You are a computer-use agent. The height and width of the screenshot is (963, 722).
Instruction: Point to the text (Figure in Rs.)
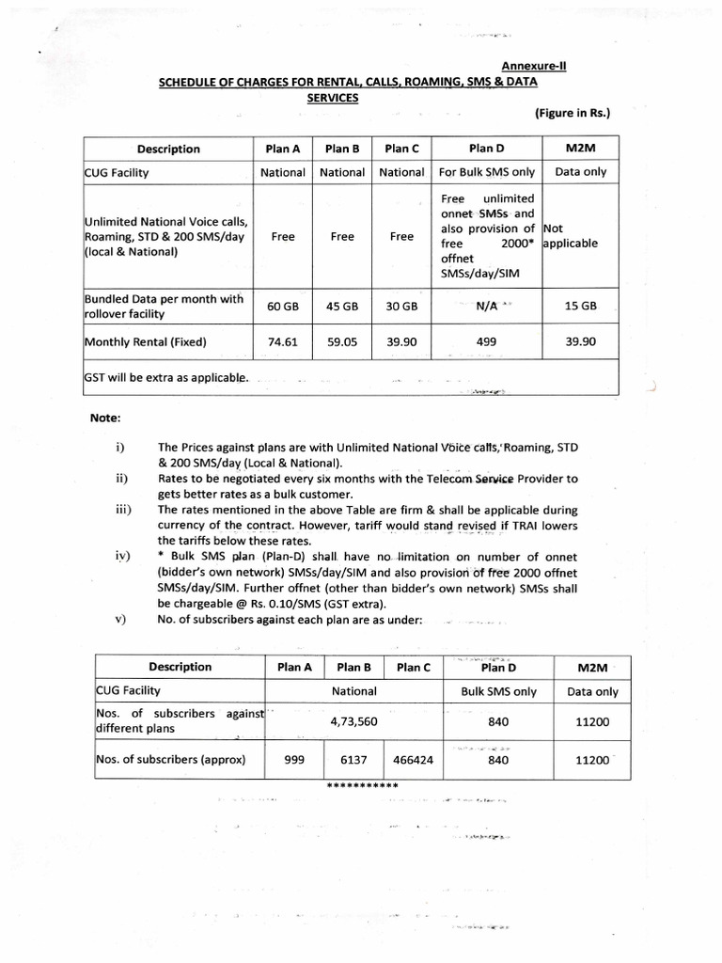click(x=573, y=114)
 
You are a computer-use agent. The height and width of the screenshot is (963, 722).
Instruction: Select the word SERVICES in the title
click(x=332, y=97)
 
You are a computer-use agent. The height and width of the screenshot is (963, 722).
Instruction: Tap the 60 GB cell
click(x=282, y=307)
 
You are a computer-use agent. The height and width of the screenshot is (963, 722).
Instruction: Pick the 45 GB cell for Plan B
click(x=342, y=307)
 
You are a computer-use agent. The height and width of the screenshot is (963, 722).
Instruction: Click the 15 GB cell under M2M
click(x=580, y=307)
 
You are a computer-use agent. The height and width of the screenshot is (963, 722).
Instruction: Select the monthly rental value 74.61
click(x=282, y=342)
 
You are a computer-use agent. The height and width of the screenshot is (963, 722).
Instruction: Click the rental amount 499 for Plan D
click(x=486, y=342)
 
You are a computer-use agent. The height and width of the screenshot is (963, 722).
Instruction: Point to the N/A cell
click(x=486, y=307)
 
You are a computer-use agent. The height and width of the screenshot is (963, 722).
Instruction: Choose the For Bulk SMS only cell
click(x=486, y=173)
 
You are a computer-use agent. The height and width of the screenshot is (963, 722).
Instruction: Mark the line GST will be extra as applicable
click(x=167, y=378)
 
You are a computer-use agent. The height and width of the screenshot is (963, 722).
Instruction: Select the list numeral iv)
click(x=121, y=556)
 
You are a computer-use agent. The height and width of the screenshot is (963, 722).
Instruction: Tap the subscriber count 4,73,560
click(x=353, y=723)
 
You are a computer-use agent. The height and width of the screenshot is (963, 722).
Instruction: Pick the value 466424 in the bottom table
click(x=413, y=760)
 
